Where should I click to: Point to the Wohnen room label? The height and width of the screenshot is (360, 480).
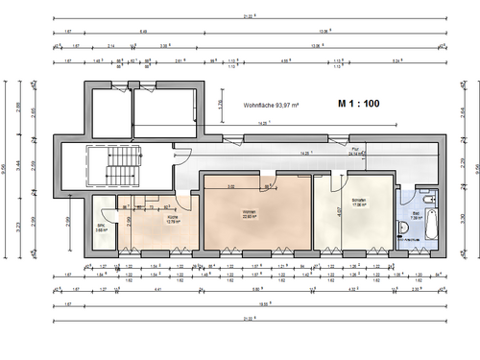click(x=249, y=215)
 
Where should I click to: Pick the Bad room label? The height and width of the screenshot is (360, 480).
click(x=416, y=214)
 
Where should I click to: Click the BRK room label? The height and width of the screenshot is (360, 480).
click(x=100, y=229)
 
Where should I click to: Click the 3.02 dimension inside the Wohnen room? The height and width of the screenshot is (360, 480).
click(x=230, y=185)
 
